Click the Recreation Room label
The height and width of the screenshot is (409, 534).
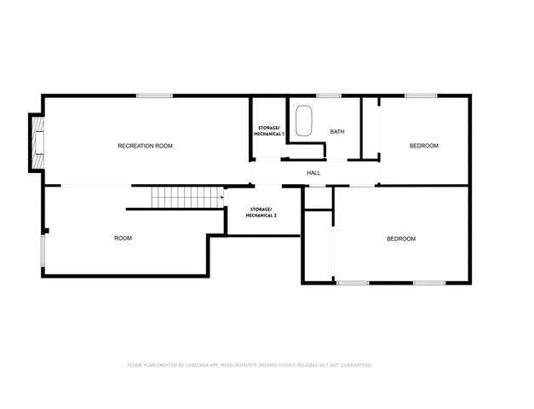145,146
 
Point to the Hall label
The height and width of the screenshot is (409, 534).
313,173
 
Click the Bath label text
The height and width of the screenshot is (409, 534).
337,132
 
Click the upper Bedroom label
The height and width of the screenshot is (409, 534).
423,146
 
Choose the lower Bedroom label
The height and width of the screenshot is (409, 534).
401,239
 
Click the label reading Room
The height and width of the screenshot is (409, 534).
123,238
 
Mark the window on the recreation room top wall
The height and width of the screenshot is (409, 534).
149,95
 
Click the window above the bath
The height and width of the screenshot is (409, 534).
329,95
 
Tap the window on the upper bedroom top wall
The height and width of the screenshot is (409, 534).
421,95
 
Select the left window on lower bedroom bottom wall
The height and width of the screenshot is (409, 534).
352,282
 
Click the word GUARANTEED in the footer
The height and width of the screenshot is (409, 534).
356,365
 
